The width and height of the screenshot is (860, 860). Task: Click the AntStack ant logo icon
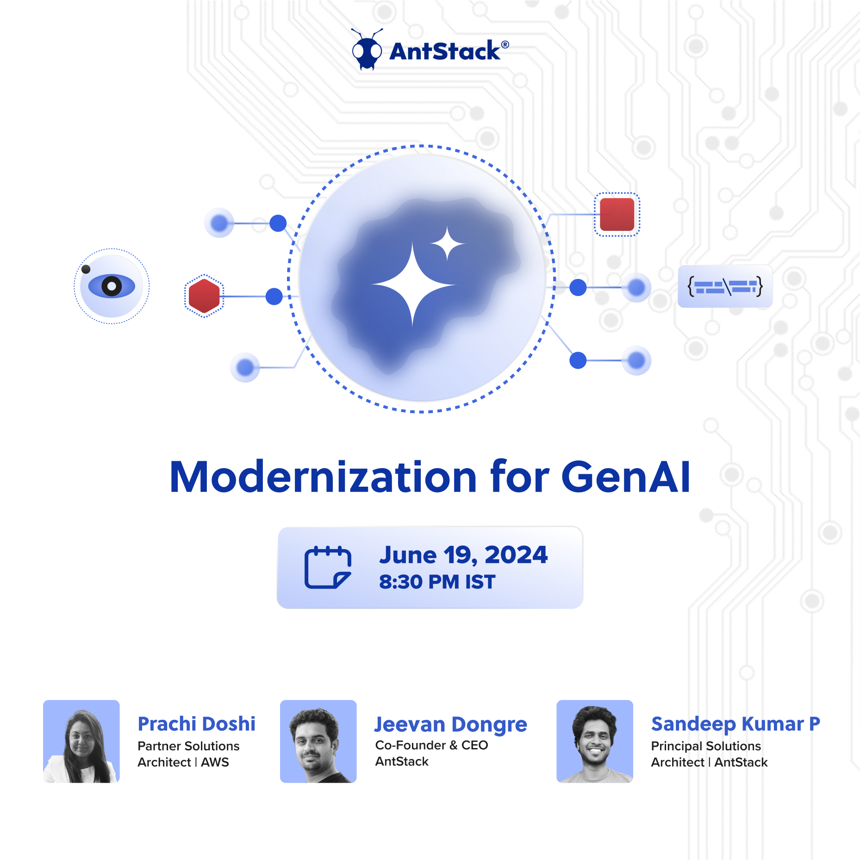[367, 50]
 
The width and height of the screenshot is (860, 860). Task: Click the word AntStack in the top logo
[445, 51]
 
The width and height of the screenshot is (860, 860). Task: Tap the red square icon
[617, 214]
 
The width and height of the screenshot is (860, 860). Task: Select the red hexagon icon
[204, 296]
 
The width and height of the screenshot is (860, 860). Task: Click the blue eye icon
[112, 286]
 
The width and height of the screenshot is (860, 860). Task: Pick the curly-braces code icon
[725, 286]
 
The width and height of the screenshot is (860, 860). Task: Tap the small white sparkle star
[447, 243]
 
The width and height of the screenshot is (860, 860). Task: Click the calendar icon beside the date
[327, 567]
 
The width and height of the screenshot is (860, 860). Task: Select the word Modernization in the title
[323, 477]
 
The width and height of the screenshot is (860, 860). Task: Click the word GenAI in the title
[625, 477]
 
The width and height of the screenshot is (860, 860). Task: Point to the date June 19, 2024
[463, 555]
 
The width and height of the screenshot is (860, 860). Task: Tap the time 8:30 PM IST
[437, 582]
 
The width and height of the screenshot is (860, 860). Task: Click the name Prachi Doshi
[196, 724]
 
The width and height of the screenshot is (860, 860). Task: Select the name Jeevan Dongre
[450, 724]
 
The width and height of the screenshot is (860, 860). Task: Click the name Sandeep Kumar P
[735, 724]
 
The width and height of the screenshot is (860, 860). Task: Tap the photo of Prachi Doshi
[81, 741]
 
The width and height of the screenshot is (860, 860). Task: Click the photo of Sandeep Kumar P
[594, 741]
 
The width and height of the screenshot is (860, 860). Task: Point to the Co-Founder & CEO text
[431, 745]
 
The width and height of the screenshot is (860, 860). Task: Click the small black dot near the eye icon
[86, 269]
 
